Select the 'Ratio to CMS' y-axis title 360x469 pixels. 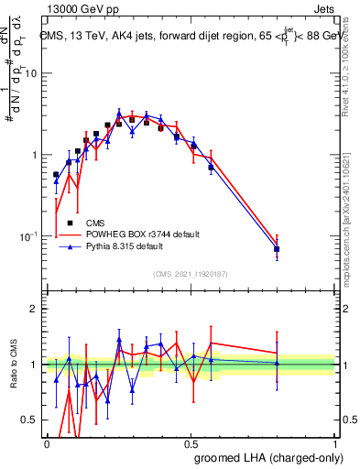pyautogui.click(x=13, y=365)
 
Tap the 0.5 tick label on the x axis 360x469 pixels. pyautogui.click(x=191, y=443)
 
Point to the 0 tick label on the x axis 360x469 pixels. pyautogui.click(x=47, y=443)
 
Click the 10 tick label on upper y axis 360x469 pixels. pyautogui.click(x=32, y=73)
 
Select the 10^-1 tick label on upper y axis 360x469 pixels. pyautogui.click(x=29, y=235)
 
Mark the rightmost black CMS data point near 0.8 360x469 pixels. pyautogui.click(x=277, y=249)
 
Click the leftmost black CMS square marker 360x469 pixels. pyautogui.click(x=56, y=174)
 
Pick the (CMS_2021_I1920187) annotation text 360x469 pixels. pyautogui.click(x=190, y=273)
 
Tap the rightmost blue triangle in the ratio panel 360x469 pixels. pyautogui.click(x=277, y=363)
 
